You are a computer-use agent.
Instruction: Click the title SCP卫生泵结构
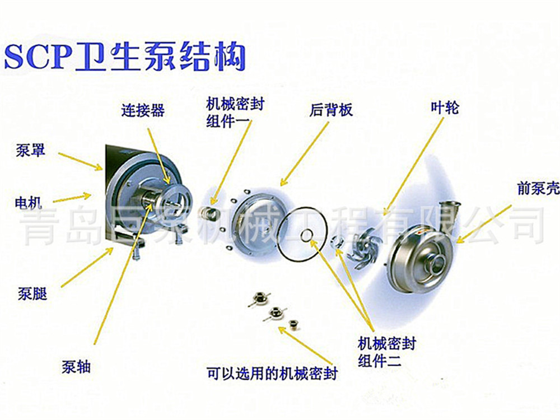(x=125, y=57)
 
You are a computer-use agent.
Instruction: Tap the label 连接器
(x=143, y=110)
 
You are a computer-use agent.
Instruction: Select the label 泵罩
(x=30, y=150)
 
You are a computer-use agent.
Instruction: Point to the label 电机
(x=28, y=203)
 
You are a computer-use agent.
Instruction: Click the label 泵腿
(x=32, y=294)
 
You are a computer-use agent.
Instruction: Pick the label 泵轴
(x=76, y=367)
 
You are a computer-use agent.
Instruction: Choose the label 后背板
(x=331, y=110)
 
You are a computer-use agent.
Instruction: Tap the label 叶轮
(x=445, y=107)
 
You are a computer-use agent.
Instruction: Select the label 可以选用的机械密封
(x=272, y=373)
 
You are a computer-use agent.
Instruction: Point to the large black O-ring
(x=302, y=234)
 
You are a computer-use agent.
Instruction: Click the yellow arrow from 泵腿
(x=87, y=268)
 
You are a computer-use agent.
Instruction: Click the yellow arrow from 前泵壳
(x=484, y=224)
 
